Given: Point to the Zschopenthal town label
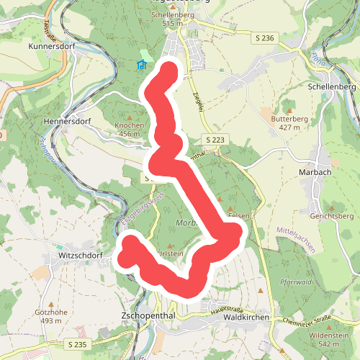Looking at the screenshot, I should point(150,316).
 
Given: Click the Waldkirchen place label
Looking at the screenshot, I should point(246,317).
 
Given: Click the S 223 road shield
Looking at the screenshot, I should point(215,139).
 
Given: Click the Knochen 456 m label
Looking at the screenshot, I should point(130,129).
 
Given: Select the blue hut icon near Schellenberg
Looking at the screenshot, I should point(142,65).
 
